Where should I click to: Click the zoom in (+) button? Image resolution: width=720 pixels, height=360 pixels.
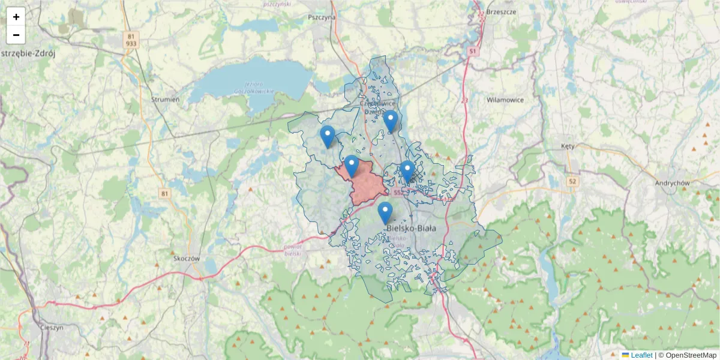tap(16, 17)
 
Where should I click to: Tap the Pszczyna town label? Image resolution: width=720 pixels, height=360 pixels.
tap(322, 17)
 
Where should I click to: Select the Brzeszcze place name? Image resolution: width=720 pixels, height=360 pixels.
tap(502, 11)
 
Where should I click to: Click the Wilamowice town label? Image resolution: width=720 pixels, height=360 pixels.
tap(505, 100)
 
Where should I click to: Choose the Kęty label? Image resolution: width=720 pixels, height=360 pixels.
tap(568, 146)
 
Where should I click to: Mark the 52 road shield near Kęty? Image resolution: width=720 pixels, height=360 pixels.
tap(573, 181)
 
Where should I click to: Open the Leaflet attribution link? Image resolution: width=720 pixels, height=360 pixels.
tap(641, 355)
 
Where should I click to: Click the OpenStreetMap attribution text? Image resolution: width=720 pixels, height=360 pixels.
tap(687, 355)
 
